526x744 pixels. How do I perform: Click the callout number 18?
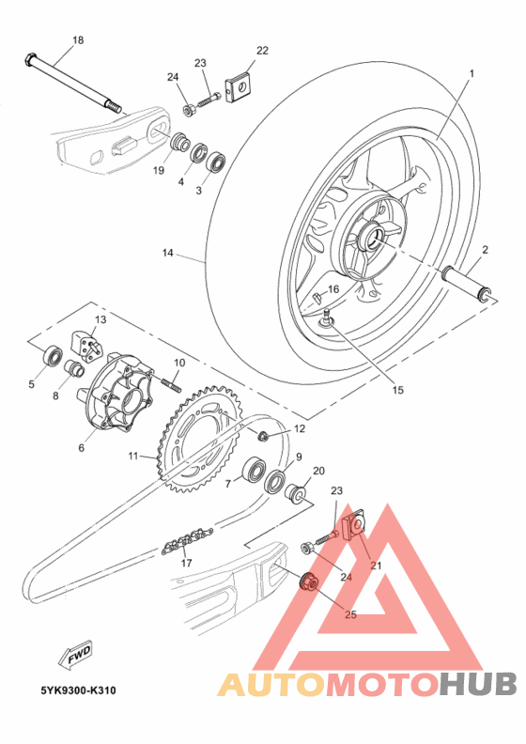click(77, 40)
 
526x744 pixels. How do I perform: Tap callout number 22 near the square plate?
click(262, 51)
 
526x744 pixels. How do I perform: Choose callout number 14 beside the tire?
click(167, 254)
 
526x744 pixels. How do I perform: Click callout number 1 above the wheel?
click(472, 73)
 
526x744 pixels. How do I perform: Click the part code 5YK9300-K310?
click(78, 690)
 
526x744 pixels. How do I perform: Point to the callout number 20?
click(318, 471)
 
